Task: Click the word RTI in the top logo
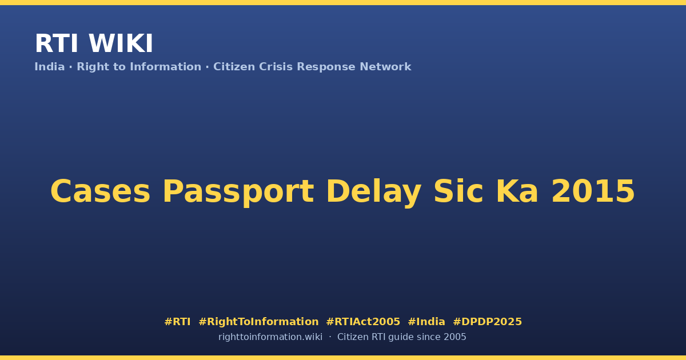pyautogui.click(x=57, y=43)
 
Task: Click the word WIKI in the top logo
pyautogui.click(x=121, y=43)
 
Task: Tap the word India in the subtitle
pyautogui.click(x=50, y=66)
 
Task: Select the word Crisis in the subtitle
pyautogui.click(x=276, y=66)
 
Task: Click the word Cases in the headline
pyautogui.click(x=101, y=191)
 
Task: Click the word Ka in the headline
pyautogui.click(x=517, y=191)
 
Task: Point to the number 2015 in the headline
pyautogui.click(x=593, y=191)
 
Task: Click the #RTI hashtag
pyautogui.click(x=177, y=322)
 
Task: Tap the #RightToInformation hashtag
pyautogui.click(x=258, y=322)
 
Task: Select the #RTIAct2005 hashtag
pyautogui.click(x=363, y=322)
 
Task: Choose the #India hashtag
pyautogui.click(x=426, y=322)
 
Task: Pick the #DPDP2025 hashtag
pyautogui.click(x=487, y=322)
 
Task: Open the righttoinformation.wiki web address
pyautogui.click(x=270, y=337)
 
